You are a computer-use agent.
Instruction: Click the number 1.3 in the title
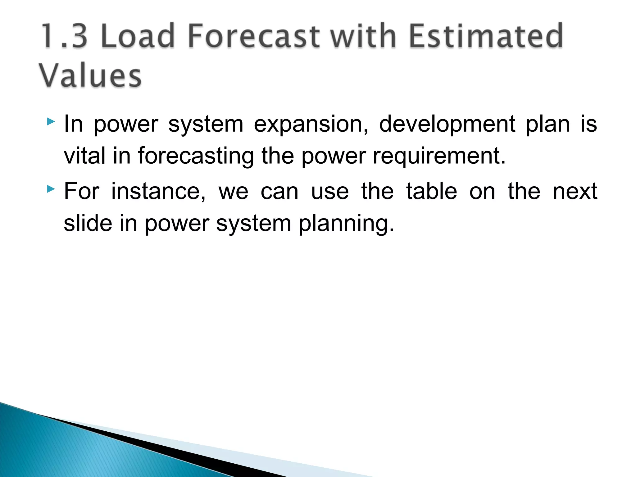(x=64, y=36)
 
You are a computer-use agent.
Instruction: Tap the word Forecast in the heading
(x=253, y=36)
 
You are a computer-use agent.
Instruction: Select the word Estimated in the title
(x=486, y=36)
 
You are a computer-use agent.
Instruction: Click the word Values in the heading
(x=90, y=76)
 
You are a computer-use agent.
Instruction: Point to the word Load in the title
(x=138, y=36)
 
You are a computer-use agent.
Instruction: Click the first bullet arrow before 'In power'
(x=51, y=121)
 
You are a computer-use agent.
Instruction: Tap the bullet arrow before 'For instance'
(x=51, y=189)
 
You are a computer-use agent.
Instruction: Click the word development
(x=447, y=124)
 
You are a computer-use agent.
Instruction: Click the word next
(x=575, y=192)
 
